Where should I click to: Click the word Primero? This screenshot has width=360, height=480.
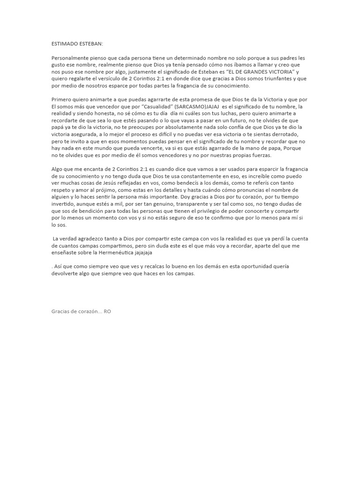pos(62,99)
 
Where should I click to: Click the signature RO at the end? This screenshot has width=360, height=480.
pos(107,311)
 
